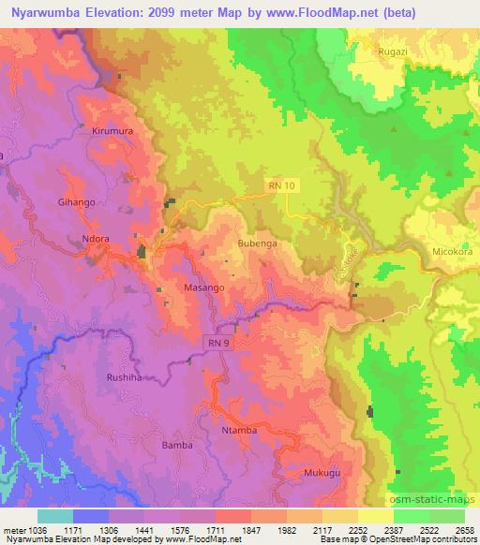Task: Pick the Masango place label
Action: (203, 288)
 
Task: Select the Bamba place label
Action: (177, 445)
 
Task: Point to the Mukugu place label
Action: (322, 474)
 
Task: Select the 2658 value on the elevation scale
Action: (464, 529)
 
